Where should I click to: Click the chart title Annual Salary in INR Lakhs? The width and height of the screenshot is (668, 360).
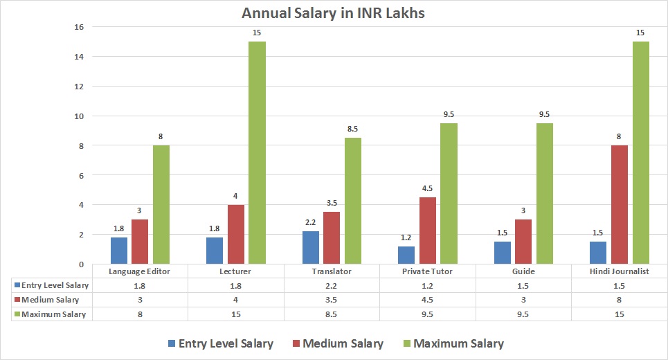tap(334, 13)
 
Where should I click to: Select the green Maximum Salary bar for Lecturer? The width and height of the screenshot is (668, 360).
tap(257, 152)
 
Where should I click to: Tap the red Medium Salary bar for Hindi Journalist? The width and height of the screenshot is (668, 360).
tap(620, 204)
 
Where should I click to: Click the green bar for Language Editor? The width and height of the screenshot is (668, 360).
tap(161, 204)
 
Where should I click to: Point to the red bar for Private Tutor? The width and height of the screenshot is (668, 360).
tap(428, 231)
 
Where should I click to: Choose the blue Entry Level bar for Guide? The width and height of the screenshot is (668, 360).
tap(503, 253)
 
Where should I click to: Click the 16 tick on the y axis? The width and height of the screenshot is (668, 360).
tap(79, 27)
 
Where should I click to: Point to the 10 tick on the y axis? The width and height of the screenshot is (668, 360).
tap(79, 116)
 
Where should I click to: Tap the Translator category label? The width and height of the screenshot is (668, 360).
tap(332, 271)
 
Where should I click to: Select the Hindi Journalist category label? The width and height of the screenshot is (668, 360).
tap(620, 271)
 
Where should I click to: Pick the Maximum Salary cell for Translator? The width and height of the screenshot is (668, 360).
tap(332, 314)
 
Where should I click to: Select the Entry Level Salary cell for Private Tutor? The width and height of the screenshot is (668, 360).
tap(428, 285)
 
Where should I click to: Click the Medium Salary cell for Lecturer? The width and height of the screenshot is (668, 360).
tap(236, 300)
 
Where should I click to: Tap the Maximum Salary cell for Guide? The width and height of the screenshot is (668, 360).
tap(523, 314)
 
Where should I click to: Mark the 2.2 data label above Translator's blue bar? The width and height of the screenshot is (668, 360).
tap(311, 223)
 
